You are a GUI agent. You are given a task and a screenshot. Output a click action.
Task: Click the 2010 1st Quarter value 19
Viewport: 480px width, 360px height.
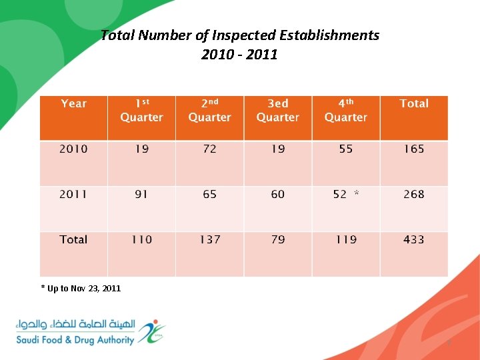(141, 149)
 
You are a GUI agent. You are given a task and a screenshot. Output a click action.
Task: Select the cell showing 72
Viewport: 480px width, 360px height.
(210, 149)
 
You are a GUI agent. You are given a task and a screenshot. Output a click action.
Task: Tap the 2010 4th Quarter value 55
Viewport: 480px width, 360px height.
(346, 149)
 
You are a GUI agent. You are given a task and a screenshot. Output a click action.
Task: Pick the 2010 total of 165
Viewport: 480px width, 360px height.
(414, 149)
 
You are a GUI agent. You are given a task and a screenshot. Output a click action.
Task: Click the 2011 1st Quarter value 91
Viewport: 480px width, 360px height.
(141, 194)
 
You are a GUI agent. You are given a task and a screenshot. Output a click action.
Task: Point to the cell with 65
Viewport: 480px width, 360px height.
(210, 194)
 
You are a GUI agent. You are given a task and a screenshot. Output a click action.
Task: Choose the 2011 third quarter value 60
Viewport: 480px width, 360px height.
(278, 194)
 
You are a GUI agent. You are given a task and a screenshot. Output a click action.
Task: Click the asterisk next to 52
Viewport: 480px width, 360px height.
(357, 193)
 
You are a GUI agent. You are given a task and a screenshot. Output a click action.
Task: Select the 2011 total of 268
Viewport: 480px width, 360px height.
(414, 194)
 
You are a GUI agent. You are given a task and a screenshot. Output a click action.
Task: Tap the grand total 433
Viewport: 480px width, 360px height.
(414, 239)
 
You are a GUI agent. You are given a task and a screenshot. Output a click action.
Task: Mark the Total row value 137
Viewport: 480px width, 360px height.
(210, 239)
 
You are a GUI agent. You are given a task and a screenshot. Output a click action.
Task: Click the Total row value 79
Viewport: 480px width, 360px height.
(278, 239)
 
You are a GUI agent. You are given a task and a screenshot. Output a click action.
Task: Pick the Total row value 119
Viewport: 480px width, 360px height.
(346, 239)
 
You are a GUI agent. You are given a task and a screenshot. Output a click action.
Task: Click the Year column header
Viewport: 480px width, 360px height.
(73, 103)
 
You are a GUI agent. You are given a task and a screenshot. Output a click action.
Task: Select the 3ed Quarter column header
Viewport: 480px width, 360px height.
(278, 110)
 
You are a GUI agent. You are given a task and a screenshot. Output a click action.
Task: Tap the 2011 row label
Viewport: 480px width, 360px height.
(73, 194)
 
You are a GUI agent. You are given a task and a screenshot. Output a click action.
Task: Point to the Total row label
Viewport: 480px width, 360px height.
(73, 239)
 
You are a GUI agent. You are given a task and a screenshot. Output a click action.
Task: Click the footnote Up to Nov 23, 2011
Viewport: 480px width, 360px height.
(81, 288)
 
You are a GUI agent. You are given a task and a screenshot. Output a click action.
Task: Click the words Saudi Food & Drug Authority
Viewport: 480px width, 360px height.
(75, 340)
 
